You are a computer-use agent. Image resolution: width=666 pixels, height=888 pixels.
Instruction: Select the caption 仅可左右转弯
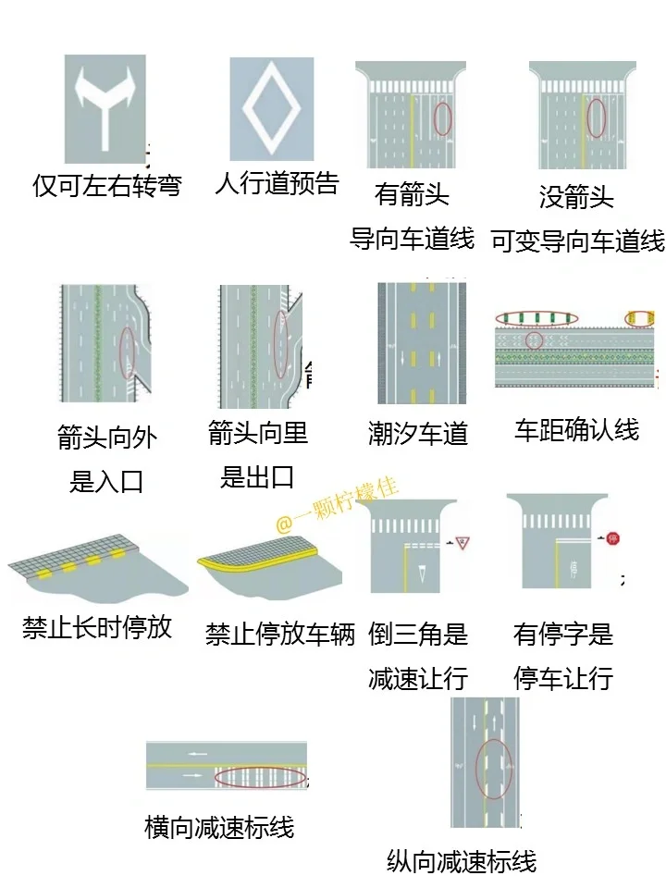pyautogui.click(x=107, y=185)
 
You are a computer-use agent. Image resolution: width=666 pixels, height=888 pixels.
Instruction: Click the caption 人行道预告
pyautogui.click(x=277, y=182)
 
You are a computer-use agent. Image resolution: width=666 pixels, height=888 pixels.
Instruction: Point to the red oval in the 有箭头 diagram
pyautogui.click(x=443, y=117)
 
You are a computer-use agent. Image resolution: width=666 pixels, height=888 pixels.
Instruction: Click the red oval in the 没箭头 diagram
pyautogui.click(x=597, y=117)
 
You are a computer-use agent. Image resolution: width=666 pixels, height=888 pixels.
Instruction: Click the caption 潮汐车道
pyautogui.click(x=418, y=434)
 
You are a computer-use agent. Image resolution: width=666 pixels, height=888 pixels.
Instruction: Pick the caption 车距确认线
pyautogui.click(x=576, y=430)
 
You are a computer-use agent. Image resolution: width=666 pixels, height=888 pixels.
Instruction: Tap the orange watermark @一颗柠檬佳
pyautogui.click(x=339, y=504)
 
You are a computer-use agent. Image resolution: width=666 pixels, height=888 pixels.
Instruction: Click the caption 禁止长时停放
pyautogui.click(x=97, y=628)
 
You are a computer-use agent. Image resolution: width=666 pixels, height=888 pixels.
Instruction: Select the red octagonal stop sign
pyautogui.click(x=612, y=537)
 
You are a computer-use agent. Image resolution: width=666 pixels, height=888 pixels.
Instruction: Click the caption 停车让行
pyautogui.click(x=563, y=678)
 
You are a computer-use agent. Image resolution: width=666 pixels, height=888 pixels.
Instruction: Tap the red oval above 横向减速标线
pyautogui.click(x=261, y=777)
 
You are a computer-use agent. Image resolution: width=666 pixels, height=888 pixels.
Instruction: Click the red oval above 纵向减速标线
pyautogui.click(x=493, y=770)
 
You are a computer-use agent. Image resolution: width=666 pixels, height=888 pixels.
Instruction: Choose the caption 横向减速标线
pyautogui.click(x=219, y=826)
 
